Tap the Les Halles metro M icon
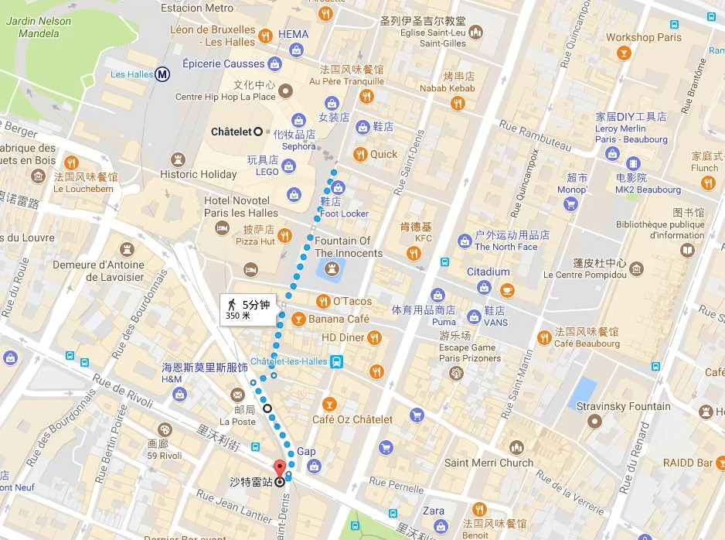[162, 74]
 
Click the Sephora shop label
[299, 146]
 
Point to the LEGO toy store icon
[288, 166]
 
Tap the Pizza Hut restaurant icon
[284, 235]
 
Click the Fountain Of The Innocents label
[349, 247]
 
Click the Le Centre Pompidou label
[584, 275]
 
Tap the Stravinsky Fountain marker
[594, 422]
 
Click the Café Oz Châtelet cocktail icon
[329, 404]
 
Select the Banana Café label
[339, 319]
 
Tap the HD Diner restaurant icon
[374, 337]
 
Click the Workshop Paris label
[643, 37]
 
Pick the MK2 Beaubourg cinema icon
[633, 164]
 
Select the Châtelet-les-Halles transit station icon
[336, 361]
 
